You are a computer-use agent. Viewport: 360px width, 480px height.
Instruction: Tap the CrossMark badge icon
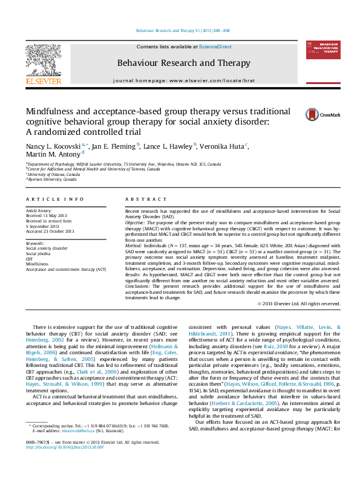[x=314, y=114]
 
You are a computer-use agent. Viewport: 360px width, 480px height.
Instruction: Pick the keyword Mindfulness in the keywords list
[x=37, y=264]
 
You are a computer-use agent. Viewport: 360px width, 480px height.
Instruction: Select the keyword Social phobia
[x=39, y=253]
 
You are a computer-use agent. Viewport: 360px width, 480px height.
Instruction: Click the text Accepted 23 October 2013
[x=50, y=231]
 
